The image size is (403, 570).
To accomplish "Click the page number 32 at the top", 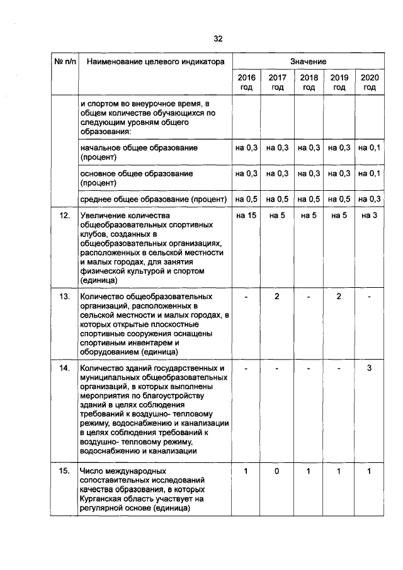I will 218,38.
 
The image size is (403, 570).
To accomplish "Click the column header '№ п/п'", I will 63,62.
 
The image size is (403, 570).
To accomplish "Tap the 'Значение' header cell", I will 308,62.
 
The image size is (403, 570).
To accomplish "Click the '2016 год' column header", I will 246,83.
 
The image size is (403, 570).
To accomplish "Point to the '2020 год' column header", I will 370,83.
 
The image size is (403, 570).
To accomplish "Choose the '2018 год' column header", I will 308,83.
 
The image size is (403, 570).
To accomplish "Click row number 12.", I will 64,216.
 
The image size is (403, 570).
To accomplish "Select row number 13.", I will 64,296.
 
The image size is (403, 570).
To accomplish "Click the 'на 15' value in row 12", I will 246,216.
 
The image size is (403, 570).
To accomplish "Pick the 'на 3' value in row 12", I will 370,216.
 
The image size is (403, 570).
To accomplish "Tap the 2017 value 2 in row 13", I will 277,296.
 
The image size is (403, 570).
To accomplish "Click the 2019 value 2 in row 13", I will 339,296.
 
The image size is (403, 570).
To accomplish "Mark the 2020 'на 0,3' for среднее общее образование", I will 370,199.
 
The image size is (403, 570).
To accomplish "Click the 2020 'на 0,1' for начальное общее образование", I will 370,147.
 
